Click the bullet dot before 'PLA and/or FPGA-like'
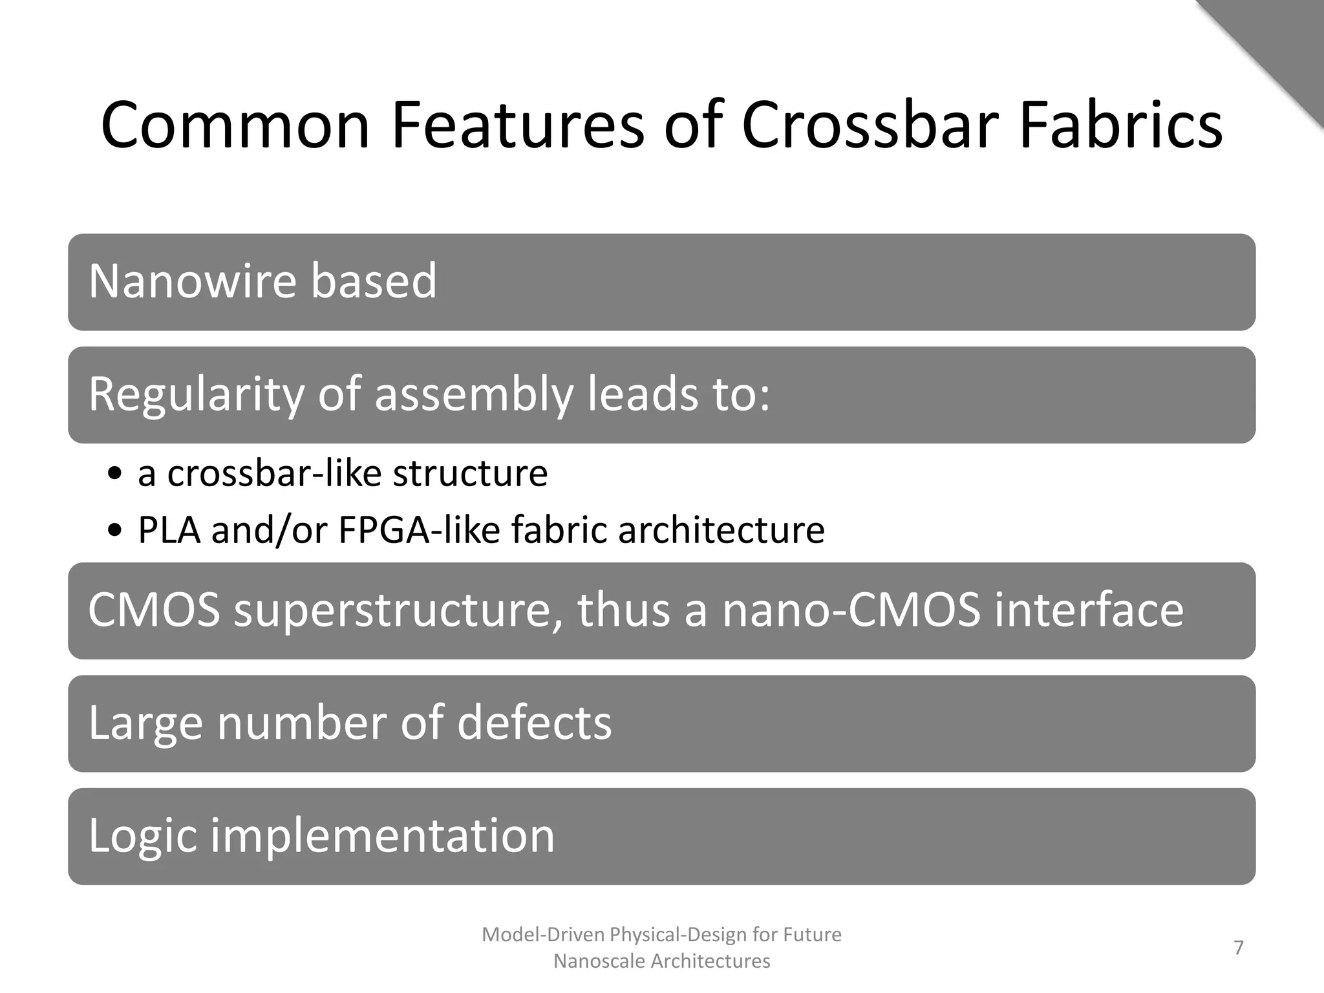coord(115,531)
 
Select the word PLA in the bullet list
coord(169,531)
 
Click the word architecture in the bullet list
coord(721,531)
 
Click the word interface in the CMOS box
coord(1089,611)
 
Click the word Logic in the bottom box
coord(142,835)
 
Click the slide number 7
coord(1239,948)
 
